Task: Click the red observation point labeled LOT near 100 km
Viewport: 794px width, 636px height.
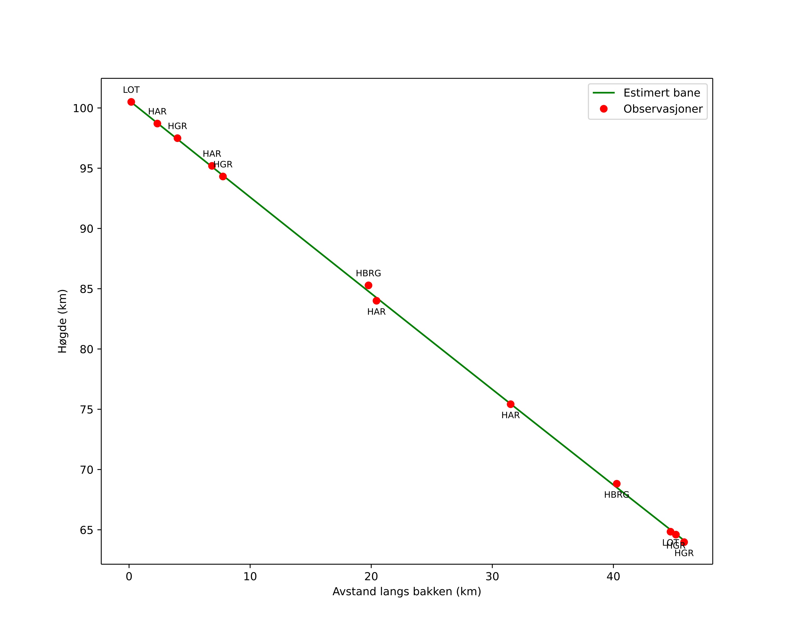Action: click(131, 102)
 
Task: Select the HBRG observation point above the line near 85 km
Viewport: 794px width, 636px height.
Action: click(368, 285)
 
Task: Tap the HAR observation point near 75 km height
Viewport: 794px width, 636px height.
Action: click(510, 404)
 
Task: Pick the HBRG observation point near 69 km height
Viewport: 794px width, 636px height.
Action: click(616, 484)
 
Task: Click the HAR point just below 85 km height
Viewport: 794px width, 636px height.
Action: click(376, 301)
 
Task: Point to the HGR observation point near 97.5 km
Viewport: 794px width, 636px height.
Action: click(177, 138)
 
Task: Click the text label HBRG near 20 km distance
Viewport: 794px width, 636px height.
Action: click(368, 273)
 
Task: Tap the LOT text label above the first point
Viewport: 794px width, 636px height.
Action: click(131, 90)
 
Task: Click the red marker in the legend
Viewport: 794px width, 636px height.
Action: click(604, 109)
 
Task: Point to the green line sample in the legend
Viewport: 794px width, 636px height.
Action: click(604, 93)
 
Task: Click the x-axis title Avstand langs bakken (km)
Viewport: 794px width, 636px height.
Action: click(407, 592)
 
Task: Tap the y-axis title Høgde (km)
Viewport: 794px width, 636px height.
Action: click(63, 321)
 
